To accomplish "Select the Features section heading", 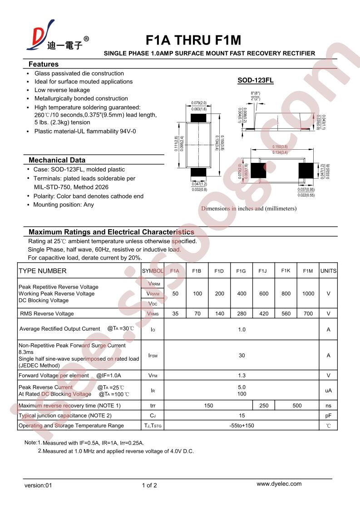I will tap(44, 64).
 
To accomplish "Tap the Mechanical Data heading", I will tap(57, 160).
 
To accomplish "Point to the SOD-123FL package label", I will tap(256, 81).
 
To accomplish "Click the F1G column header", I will tap(241, 271).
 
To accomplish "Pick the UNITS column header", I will tap(328, 271).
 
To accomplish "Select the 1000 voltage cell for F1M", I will tap(308, 294).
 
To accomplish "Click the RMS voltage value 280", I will tap(241, 313).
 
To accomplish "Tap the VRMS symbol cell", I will tap(153, 313).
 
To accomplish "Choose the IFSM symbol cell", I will tap(153, 356).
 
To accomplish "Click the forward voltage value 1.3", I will tap(242, 376).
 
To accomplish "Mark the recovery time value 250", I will tap(264, 406).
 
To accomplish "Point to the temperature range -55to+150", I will tap(242, 426).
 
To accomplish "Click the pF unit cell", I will tap(328, 416).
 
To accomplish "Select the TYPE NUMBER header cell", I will tap(43, 271).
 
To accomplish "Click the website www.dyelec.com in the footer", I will tap(279, 484).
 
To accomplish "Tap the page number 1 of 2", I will tap(149, 485).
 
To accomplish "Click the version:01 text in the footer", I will tap(39, 485).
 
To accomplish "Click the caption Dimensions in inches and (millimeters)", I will tap(249, 209).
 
